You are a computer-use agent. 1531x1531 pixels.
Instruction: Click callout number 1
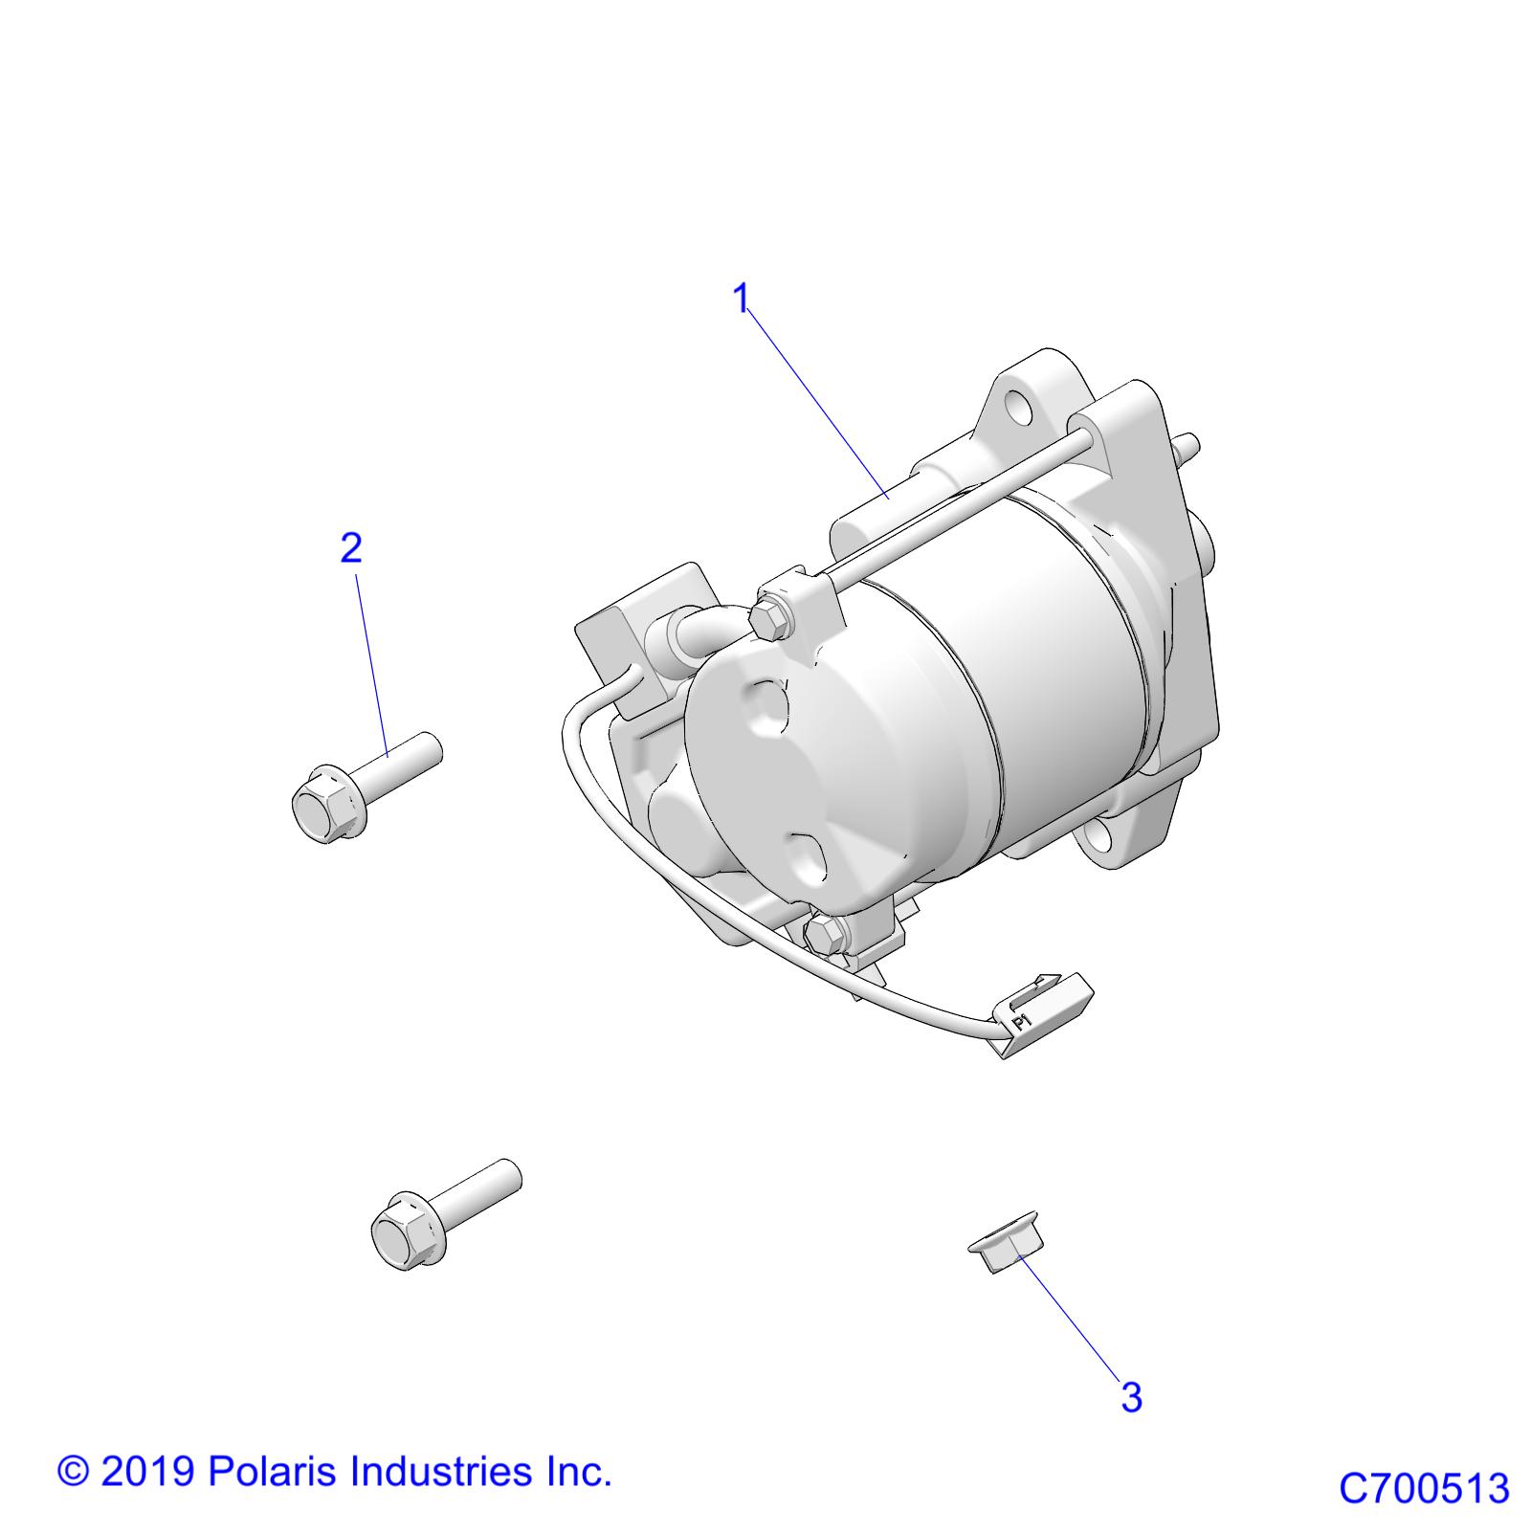(741, 299)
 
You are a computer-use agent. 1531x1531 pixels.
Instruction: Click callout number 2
(351, 548)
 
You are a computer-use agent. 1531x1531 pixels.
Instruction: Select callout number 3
(1131, 1397)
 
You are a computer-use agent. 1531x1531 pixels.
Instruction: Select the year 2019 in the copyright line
(149, 1471)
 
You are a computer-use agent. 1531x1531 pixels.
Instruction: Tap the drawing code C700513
(1423, 1489)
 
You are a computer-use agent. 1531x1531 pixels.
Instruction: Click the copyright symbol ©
(73, 1471)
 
